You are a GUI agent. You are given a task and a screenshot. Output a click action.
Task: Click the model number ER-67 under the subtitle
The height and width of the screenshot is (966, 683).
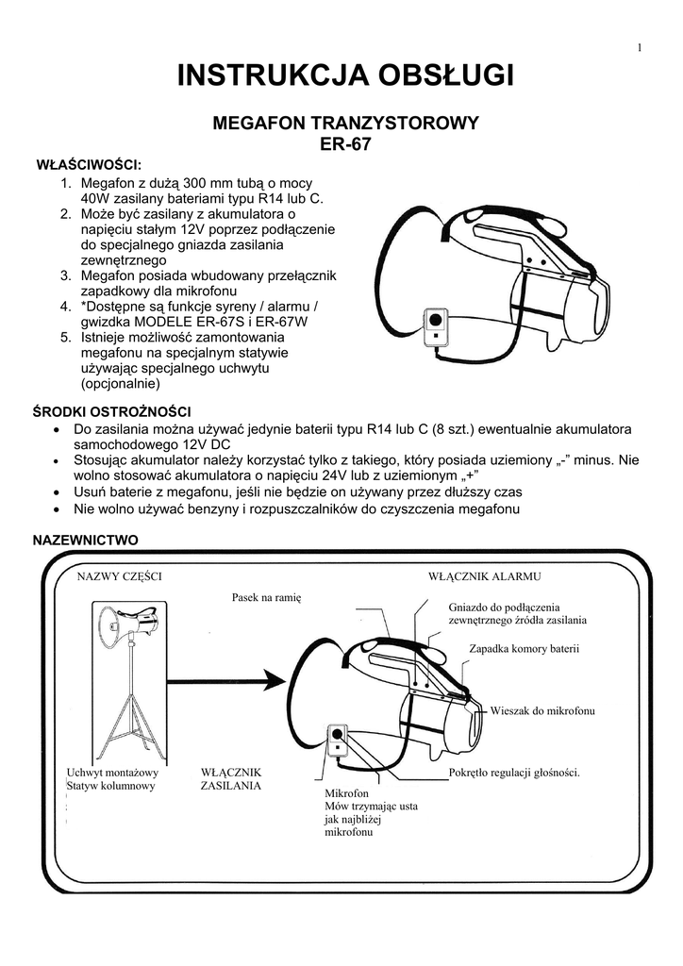click(347, 145)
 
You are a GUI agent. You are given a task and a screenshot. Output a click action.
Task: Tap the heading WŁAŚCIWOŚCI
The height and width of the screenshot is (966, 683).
click(88, 165)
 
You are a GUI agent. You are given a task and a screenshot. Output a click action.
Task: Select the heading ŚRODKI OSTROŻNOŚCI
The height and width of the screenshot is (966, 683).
click(112, 412)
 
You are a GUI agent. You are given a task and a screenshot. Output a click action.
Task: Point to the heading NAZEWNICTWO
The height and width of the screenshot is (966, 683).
click(86, 540)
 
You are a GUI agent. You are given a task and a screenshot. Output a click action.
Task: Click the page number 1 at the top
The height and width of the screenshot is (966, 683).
click(639, 48)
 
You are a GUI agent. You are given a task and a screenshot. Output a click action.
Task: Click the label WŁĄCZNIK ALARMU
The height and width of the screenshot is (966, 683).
click(484, 575)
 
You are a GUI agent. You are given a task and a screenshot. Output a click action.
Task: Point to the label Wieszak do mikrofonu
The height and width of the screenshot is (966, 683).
click(542, 708)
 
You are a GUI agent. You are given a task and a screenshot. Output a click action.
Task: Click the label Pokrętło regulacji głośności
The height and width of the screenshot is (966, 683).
click(514, 773)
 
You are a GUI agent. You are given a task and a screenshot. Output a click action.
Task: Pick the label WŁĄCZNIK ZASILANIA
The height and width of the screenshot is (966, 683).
click(231, 778)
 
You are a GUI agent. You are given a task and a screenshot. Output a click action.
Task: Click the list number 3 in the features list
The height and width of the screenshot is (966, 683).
click(66, 275)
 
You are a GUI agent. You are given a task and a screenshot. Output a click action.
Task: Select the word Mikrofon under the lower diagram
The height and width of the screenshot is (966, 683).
click(345, 794)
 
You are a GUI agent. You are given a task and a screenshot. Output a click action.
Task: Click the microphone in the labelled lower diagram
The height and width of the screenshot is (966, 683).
click(336, 739)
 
